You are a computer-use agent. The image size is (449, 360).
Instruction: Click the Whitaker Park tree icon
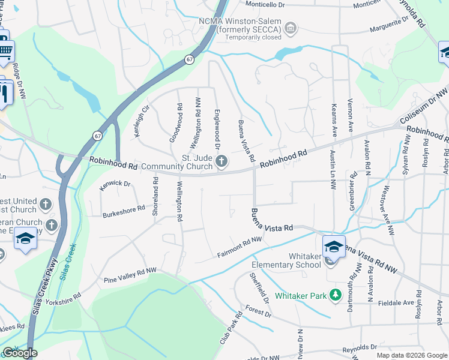337,295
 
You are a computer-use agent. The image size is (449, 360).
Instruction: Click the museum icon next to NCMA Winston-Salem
291,28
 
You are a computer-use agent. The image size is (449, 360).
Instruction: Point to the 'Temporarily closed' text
253,37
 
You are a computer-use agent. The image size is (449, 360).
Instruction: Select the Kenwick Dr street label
115,185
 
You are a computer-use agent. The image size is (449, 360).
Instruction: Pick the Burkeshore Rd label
124,211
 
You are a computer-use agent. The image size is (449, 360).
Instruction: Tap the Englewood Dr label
217,130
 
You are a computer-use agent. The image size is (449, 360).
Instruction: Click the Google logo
19,353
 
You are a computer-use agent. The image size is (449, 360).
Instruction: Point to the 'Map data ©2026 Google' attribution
412,355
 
